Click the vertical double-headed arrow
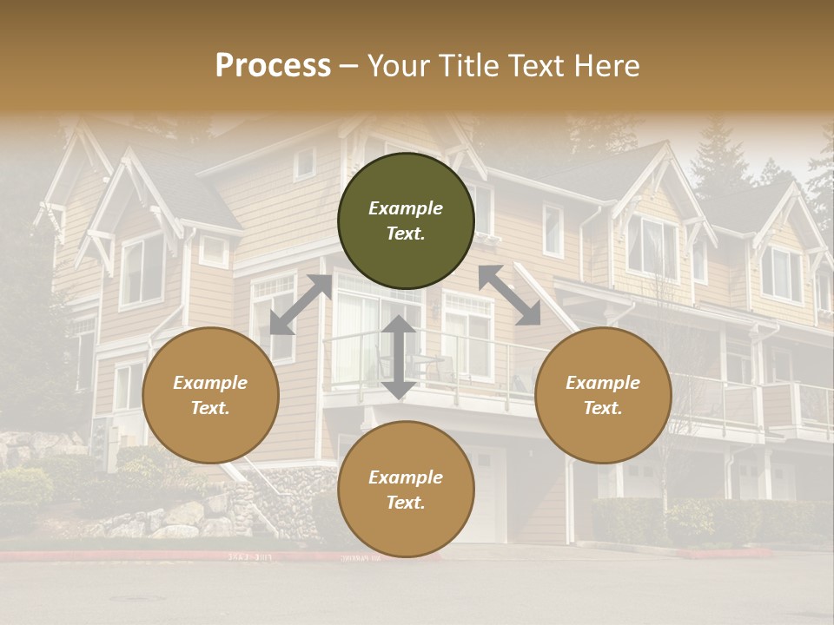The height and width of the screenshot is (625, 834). click(x=399, y=357)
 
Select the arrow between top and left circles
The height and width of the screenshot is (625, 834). click(x=301, y=305)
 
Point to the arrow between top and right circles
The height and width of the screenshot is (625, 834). click(x=509, y=295)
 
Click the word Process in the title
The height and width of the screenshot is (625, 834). click(x=273, y=66)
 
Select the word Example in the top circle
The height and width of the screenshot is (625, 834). click(x=406, y=208)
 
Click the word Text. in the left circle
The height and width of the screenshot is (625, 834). click(x=210, y=408)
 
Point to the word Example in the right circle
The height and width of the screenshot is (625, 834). click(x=603, y=383)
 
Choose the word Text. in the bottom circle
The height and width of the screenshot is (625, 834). click(x=406, y=503)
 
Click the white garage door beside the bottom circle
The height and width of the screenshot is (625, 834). click(x=488, y=495)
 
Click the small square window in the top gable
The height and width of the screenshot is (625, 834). click(x=305, y=162)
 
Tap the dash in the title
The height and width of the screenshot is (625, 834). click(x=349, y=66)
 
